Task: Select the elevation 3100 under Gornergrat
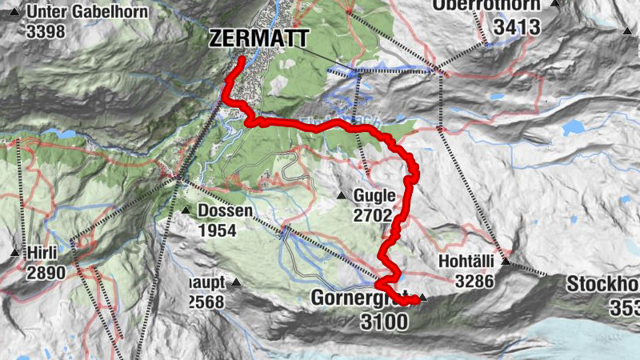point(383,322)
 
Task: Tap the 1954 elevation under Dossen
point(219,230)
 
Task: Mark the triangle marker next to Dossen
point(186,211)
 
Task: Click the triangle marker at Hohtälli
point(506,261)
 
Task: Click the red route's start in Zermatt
point(241,58)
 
